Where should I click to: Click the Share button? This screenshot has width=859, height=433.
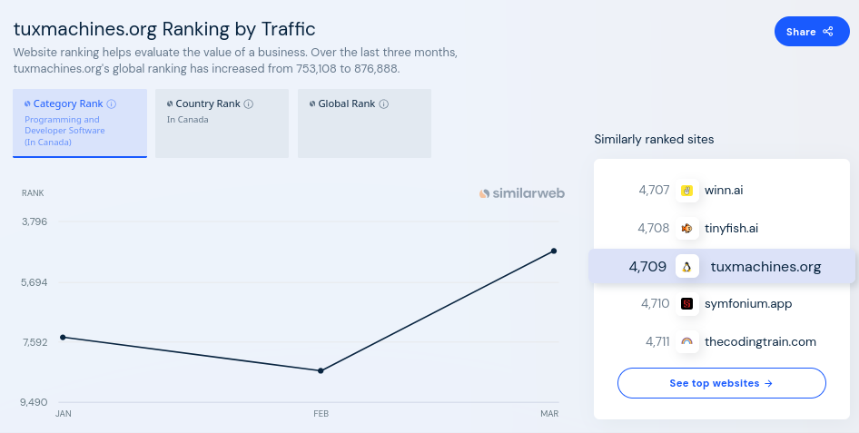[811, 32]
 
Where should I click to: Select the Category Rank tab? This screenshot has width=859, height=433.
[80, 123]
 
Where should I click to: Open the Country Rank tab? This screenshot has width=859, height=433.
[222, 123]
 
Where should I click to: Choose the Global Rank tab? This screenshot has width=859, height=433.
[364, 123]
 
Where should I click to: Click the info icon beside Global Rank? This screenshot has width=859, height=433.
[384, 104]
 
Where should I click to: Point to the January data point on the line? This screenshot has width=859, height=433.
[63, 337]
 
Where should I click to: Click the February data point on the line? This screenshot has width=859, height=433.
[321, 370]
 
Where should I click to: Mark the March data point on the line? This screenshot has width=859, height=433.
[554, 251]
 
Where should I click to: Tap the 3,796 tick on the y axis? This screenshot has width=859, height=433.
[34, 221]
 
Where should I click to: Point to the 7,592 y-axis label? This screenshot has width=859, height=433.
[34, 342]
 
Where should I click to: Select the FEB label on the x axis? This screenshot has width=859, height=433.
[321, 414]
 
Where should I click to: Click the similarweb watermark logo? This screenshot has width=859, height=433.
[522, 193]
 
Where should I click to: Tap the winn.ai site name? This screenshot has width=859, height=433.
[724, 191]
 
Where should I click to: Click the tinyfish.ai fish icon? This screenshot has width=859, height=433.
[687, 228]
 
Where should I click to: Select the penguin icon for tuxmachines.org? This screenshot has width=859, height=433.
[687, 267]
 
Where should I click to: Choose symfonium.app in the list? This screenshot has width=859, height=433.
[747, 304]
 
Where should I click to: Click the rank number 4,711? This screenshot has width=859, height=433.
[657, 342]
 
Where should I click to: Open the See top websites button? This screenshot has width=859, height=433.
[721, 383]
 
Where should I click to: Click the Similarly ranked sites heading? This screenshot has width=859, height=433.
[654, 140]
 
